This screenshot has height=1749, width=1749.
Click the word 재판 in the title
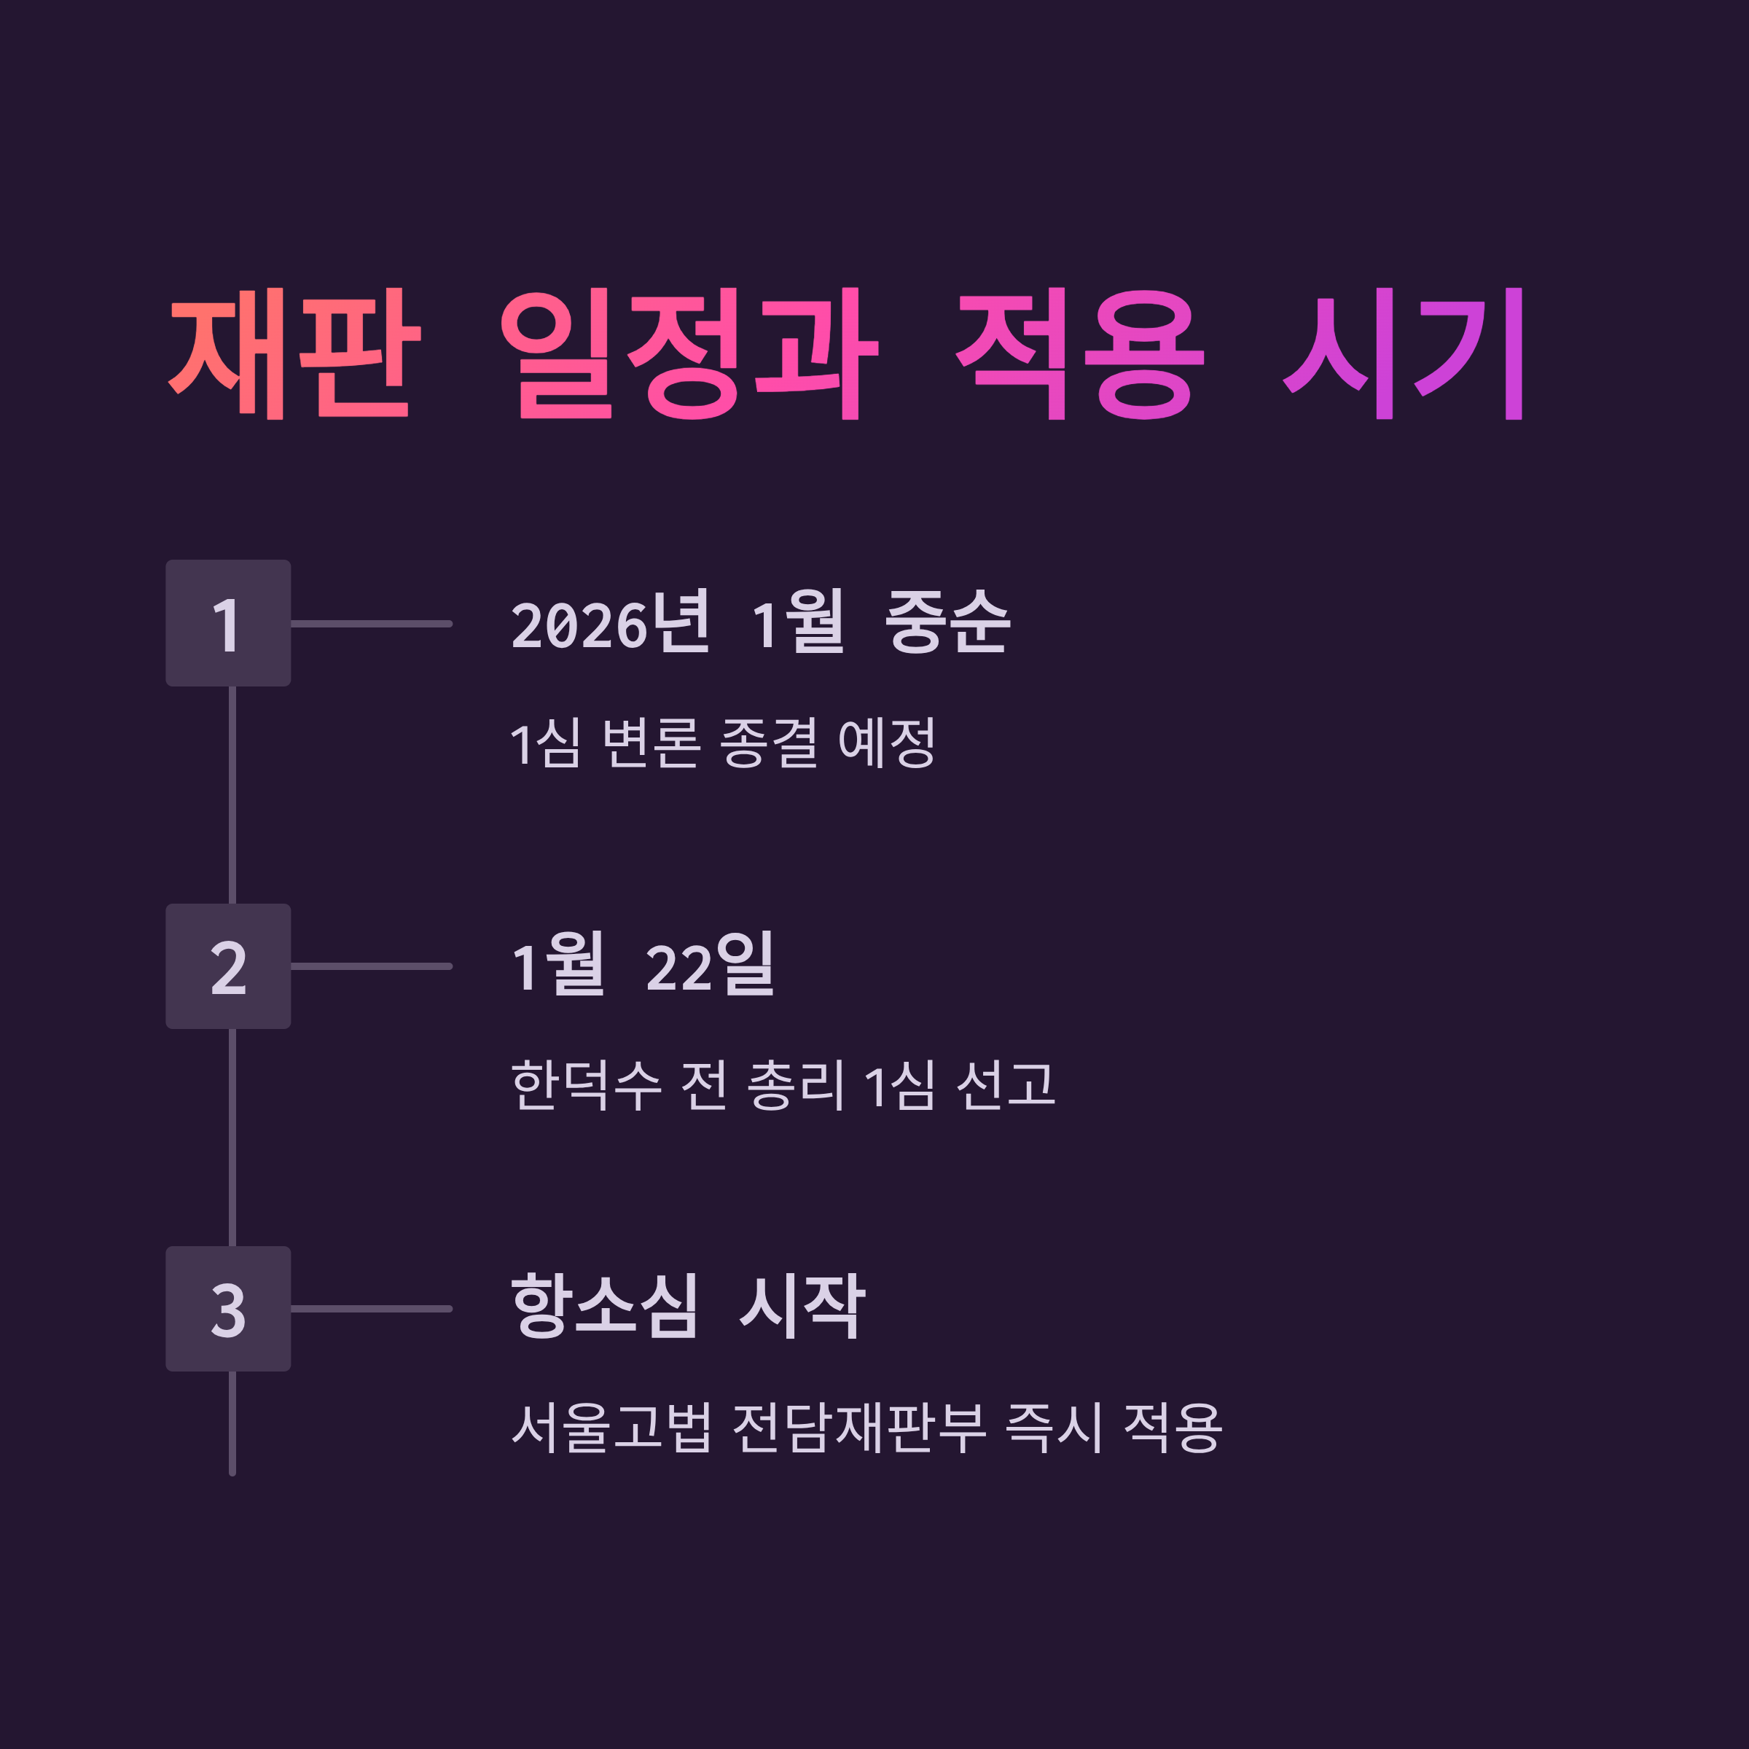point(295,353)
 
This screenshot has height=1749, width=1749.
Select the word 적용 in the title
point(1080,353)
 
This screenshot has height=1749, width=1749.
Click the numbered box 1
point(228,624)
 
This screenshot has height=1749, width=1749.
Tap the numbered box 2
point(228,966)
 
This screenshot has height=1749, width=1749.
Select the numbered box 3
point(228,1308)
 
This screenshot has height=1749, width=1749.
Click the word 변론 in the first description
point(651,743)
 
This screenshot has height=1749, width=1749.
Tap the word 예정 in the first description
point(886,743)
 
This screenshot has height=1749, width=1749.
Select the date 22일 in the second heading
point(710,964)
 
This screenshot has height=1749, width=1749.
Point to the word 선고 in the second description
point(1006,1085)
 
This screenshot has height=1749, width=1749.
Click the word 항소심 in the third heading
point(605,1307)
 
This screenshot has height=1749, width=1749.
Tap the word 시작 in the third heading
point(802,1307)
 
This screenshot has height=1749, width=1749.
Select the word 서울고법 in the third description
point(612,1428)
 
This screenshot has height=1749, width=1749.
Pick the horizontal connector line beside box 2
point(371,966)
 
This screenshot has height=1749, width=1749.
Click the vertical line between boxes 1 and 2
point(232,795)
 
